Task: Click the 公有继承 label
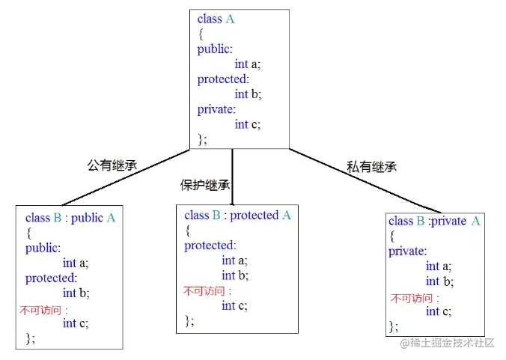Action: tap(112, 165)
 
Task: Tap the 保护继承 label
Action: tap(205, 185)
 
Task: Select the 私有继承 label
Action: tap(371, 166)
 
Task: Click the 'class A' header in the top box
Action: tap(216, 19)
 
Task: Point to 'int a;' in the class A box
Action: tap(247, 64)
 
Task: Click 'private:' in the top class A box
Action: tap(216, 109)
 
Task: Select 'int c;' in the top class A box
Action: tap(247, 124)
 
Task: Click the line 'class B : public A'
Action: tap(70, 219)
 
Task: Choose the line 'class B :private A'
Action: tap(434, 221)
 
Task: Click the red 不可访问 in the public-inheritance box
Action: tap(43, 309)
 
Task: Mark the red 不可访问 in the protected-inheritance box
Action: tap(207, 291)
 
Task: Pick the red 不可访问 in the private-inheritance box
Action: tap(412, 298)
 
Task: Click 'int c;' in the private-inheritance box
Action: tap(438, 311)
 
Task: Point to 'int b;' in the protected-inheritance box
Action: tap(234, 275)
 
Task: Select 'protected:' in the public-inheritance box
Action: tap(51, 278)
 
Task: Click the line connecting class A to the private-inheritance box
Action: tap(359, 180)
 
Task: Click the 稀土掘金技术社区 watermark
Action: tap(453, 343)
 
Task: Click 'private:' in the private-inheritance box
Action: tap(407, 251)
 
